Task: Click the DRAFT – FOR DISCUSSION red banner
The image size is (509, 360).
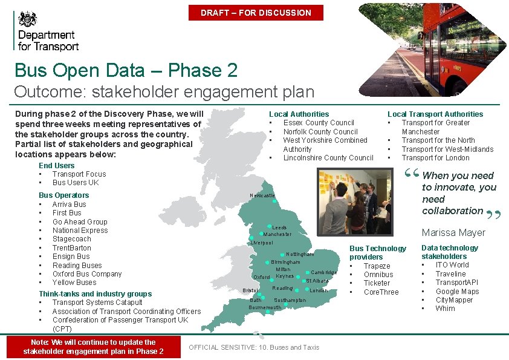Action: [x=256, y=13]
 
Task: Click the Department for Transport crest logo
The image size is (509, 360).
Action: [x=27, y=18]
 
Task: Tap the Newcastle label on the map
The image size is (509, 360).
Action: [x=262, y=195]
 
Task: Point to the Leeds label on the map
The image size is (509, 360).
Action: [x=279, y=227]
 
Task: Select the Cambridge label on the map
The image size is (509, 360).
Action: [x=324, y=272]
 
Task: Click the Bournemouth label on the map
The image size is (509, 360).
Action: [x=265, y=307]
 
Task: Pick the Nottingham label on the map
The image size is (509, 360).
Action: [x=300, y=255]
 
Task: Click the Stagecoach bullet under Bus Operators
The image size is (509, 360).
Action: [x=71, y=239]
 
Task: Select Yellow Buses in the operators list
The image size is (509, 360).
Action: [x=74, y=283]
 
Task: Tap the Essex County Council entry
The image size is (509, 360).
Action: [x=319, y=123]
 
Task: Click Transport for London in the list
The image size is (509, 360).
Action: [x=435, y=158]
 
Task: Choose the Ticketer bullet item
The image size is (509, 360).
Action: [x=377, y=283]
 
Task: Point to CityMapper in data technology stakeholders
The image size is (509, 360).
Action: [x=454, y=300]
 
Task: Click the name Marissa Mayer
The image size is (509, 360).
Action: [x=453, y=232]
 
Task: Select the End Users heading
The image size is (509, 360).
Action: [x=56, y=166]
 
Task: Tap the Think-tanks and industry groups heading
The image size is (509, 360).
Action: [x=95, y=294]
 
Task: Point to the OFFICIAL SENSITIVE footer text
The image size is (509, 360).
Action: [x=254, y=347]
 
